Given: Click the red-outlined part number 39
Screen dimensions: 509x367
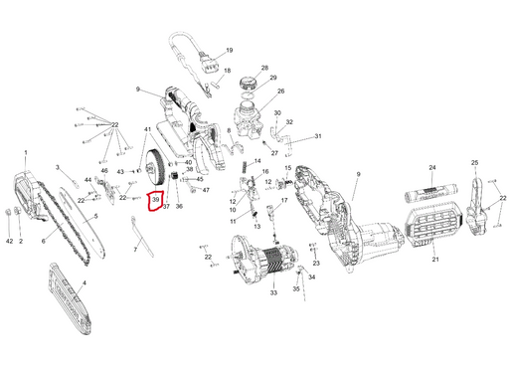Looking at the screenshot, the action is (x=155, y=200).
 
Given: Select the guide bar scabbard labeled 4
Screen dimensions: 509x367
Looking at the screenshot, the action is (x=70, y=298).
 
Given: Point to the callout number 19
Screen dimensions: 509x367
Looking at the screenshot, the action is (x=230, y=51).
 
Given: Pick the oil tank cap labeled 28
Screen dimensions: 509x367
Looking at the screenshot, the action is (x=248, y=83).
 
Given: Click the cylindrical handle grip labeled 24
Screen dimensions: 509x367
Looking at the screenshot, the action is (x=430, y=193).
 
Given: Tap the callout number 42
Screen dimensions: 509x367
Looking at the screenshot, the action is (x=9, y=241).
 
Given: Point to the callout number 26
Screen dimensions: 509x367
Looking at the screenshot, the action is (x=281, y=91).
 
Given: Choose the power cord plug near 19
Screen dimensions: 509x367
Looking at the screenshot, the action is (x=207, y=63).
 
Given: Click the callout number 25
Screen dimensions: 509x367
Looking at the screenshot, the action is (x=474, y=163).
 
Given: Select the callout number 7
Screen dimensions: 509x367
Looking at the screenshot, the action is (x=135, y=250).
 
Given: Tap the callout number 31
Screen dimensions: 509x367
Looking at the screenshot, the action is (x=318, y=136).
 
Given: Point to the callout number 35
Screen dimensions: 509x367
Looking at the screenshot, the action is (x=296, y=288).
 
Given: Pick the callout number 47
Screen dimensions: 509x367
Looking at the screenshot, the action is (x=206, y=190).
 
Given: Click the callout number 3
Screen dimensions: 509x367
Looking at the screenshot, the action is (x=57, y=167).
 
